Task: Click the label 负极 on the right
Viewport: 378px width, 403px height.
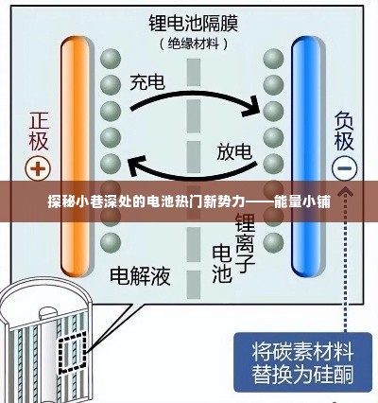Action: tap(343, 131)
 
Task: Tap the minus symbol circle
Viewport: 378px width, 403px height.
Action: tap(344, 169)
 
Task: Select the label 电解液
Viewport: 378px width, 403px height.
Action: tap(140, 275)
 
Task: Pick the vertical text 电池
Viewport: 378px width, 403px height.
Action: tap(220, 263)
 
